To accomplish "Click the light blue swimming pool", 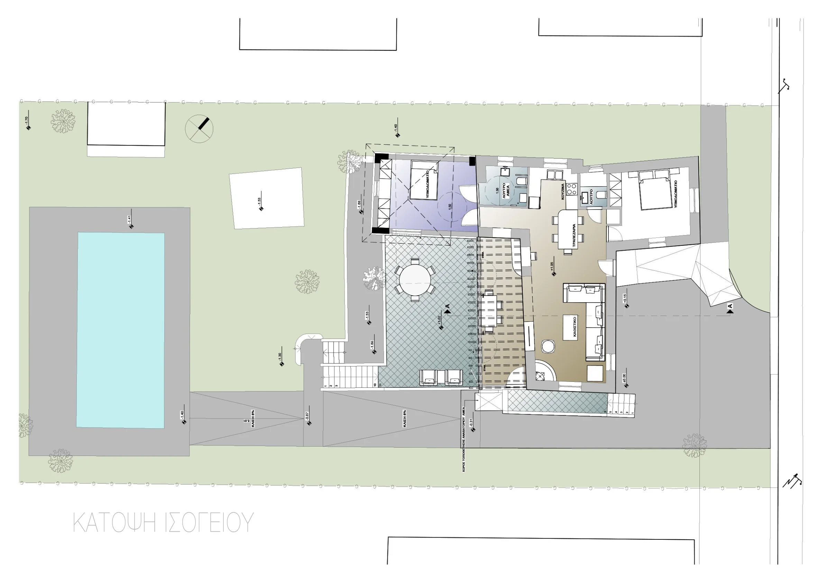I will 121,330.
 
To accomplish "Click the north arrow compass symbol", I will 199,128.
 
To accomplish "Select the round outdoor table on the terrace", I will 415,280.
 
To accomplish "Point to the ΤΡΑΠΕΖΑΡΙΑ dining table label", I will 574,236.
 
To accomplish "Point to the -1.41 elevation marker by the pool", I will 131,226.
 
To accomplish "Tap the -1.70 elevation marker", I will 28,127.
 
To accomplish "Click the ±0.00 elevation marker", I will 626,386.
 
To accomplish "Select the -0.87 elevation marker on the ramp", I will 309,423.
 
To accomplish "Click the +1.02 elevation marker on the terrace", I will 441,327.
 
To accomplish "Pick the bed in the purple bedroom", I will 424,180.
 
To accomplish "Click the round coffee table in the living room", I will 548,347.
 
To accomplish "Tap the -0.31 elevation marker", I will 473,430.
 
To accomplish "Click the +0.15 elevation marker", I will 626,306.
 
